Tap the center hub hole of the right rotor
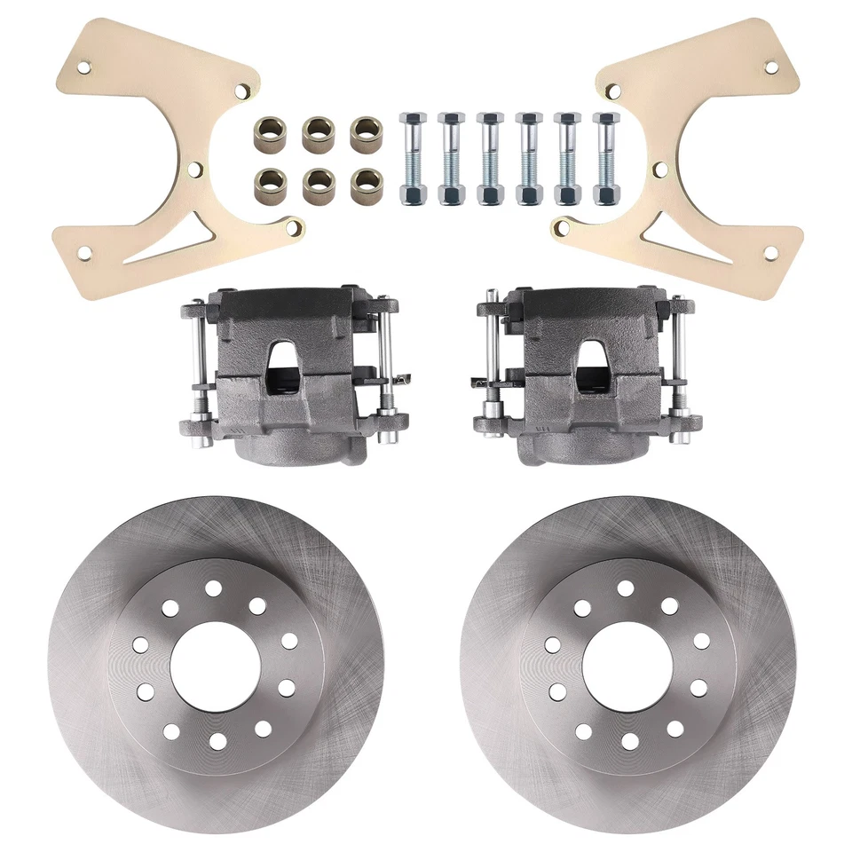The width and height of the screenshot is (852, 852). click(x=627, y=666)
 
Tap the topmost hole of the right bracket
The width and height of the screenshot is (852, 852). click(x=770, y=67)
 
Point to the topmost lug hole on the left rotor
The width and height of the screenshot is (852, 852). click(x=213, y=588)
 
